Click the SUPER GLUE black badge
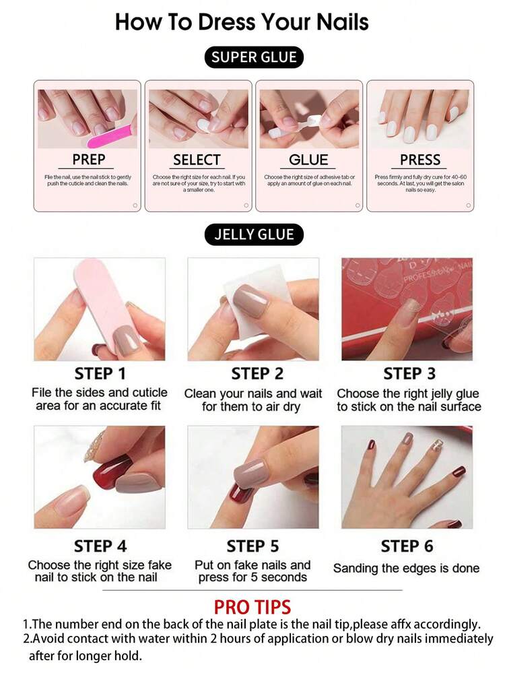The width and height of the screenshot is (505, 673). pos(254,57)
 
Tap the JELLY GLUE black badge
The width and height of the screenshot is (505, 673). pos(254,234)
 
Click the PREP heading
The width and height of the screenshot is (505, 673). pos(89,160)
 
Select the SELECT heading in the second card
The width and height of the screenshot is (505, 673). pos(197,160)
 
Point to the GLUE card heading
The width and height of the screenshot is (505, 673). pos(308,160)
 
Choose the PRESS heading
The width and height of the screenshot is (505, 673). pos(420,160)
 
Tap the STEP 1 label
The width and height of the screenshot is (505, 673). pos(100,373)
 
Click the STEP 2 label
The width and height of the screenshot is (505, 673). pos(254,373)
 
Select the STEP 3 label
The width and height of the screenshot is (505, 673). pos(409,373)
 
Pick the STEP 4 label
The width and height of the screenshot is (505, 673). pos(100,546)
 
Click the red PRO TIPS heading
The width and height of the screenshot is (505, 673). pos(252,606)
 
